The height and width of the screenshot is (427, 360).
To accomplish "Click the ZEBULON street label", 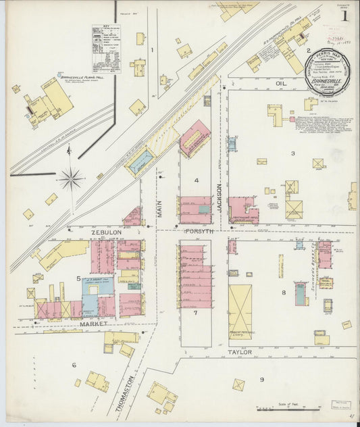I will [106, 232].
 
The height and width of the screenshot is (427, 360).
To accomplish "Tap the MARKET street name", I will [93, 324].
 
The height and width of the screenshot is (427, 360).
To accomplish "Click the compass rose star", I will [70, 179].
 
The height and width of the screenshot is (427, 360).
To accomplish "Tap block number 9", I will [262, 380].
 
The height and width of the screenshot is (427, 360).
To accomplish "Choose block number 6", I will [74, 365].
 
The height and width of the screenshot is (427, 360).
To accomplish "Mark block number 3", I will [292, 153].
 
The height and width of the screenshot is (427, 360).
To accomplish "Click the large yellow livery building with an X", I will [240, 311].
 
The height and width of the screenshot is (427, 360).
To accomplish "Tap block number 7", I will [195, 313].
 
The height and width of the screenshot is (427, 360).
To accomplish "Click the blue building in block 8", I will [301, 294].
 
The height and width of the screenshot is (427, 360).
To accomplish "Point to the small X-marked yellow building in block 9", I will [239, 384].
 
